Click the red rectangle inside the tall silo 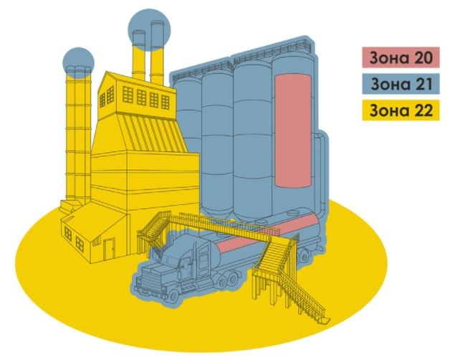click(x=292, y=130)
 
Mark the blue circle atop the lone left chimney click(x=78, y=62)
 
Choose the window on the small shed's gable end click(x=69, y=233)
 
